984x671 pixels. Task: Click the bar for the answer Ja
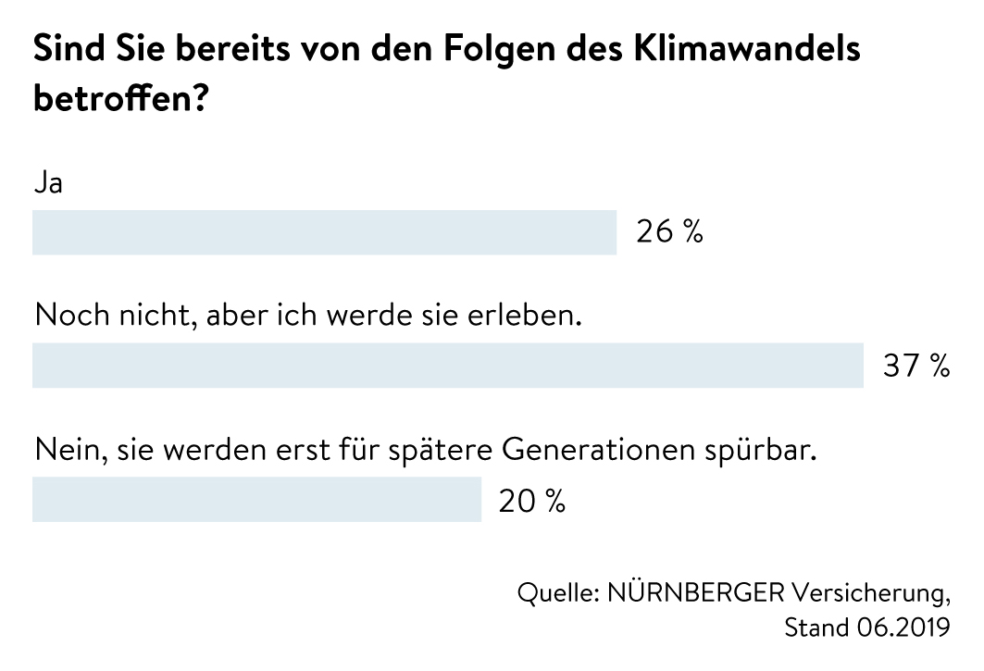pyautogui.click(x=324, y=232)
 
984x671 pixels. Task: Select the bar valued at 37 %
pyautogui.click(x=448, y=366)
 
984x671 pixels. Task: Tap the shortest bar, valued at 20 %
pyautogui.click(x=256, y=500)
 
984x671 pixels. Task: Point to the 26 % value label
pyautogui.click(x=669, y=232)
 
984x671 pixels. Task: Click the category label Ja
pyautogui.click(x=48, y=182)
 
